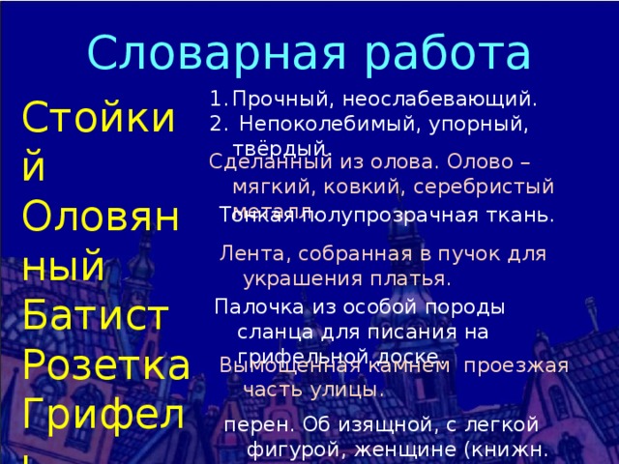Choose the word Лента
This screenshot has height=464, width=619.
(x=247, y=254)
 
